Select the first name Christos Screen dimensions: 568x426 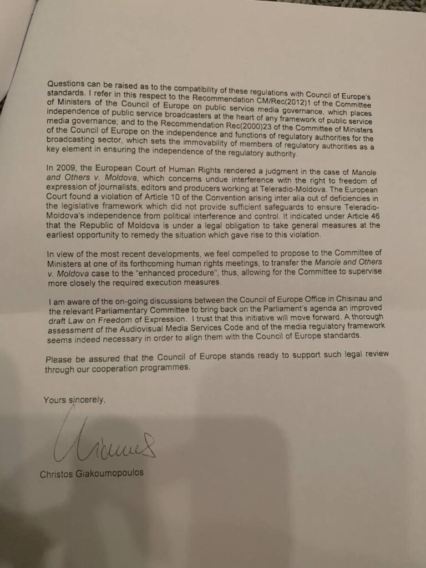58,474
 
